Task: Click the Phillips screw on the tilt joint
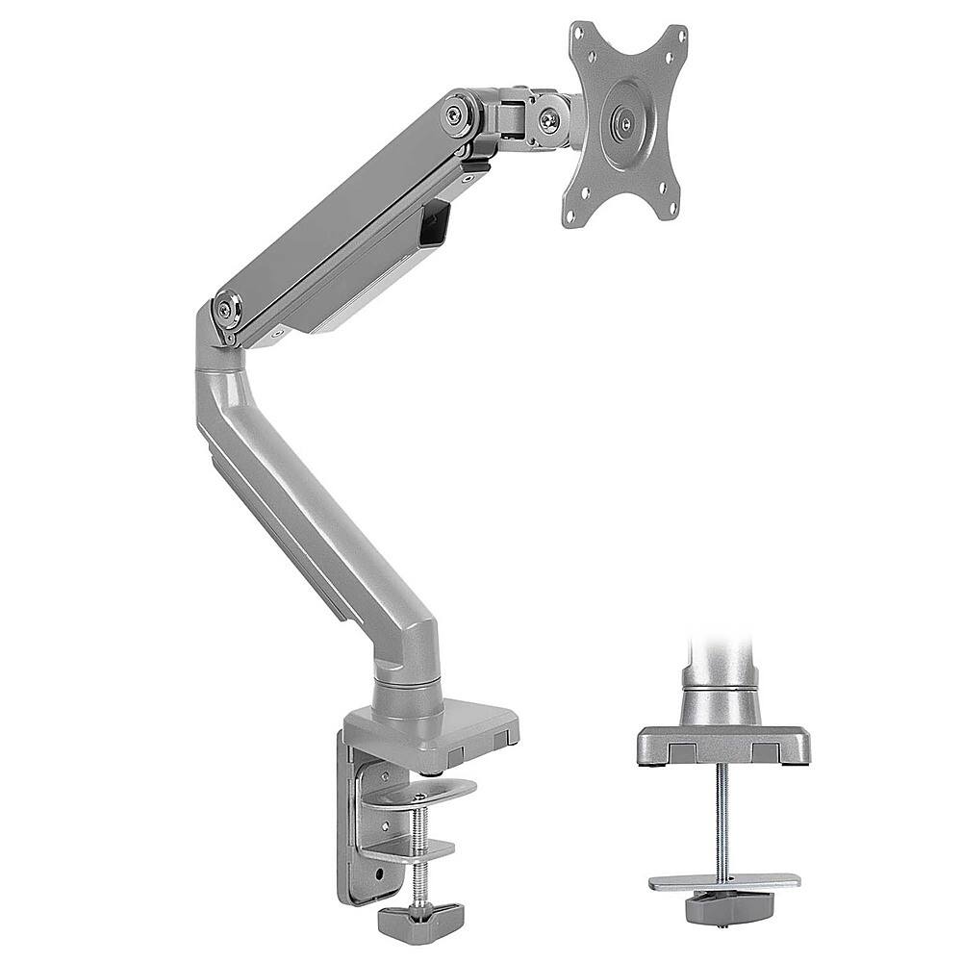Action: coord(548,119)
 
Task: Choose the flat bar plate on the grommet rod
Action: coord(723,881)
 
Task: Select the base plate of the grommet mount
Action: coord(722,744)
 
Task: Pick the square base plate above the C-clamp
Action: coord(433,731)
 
